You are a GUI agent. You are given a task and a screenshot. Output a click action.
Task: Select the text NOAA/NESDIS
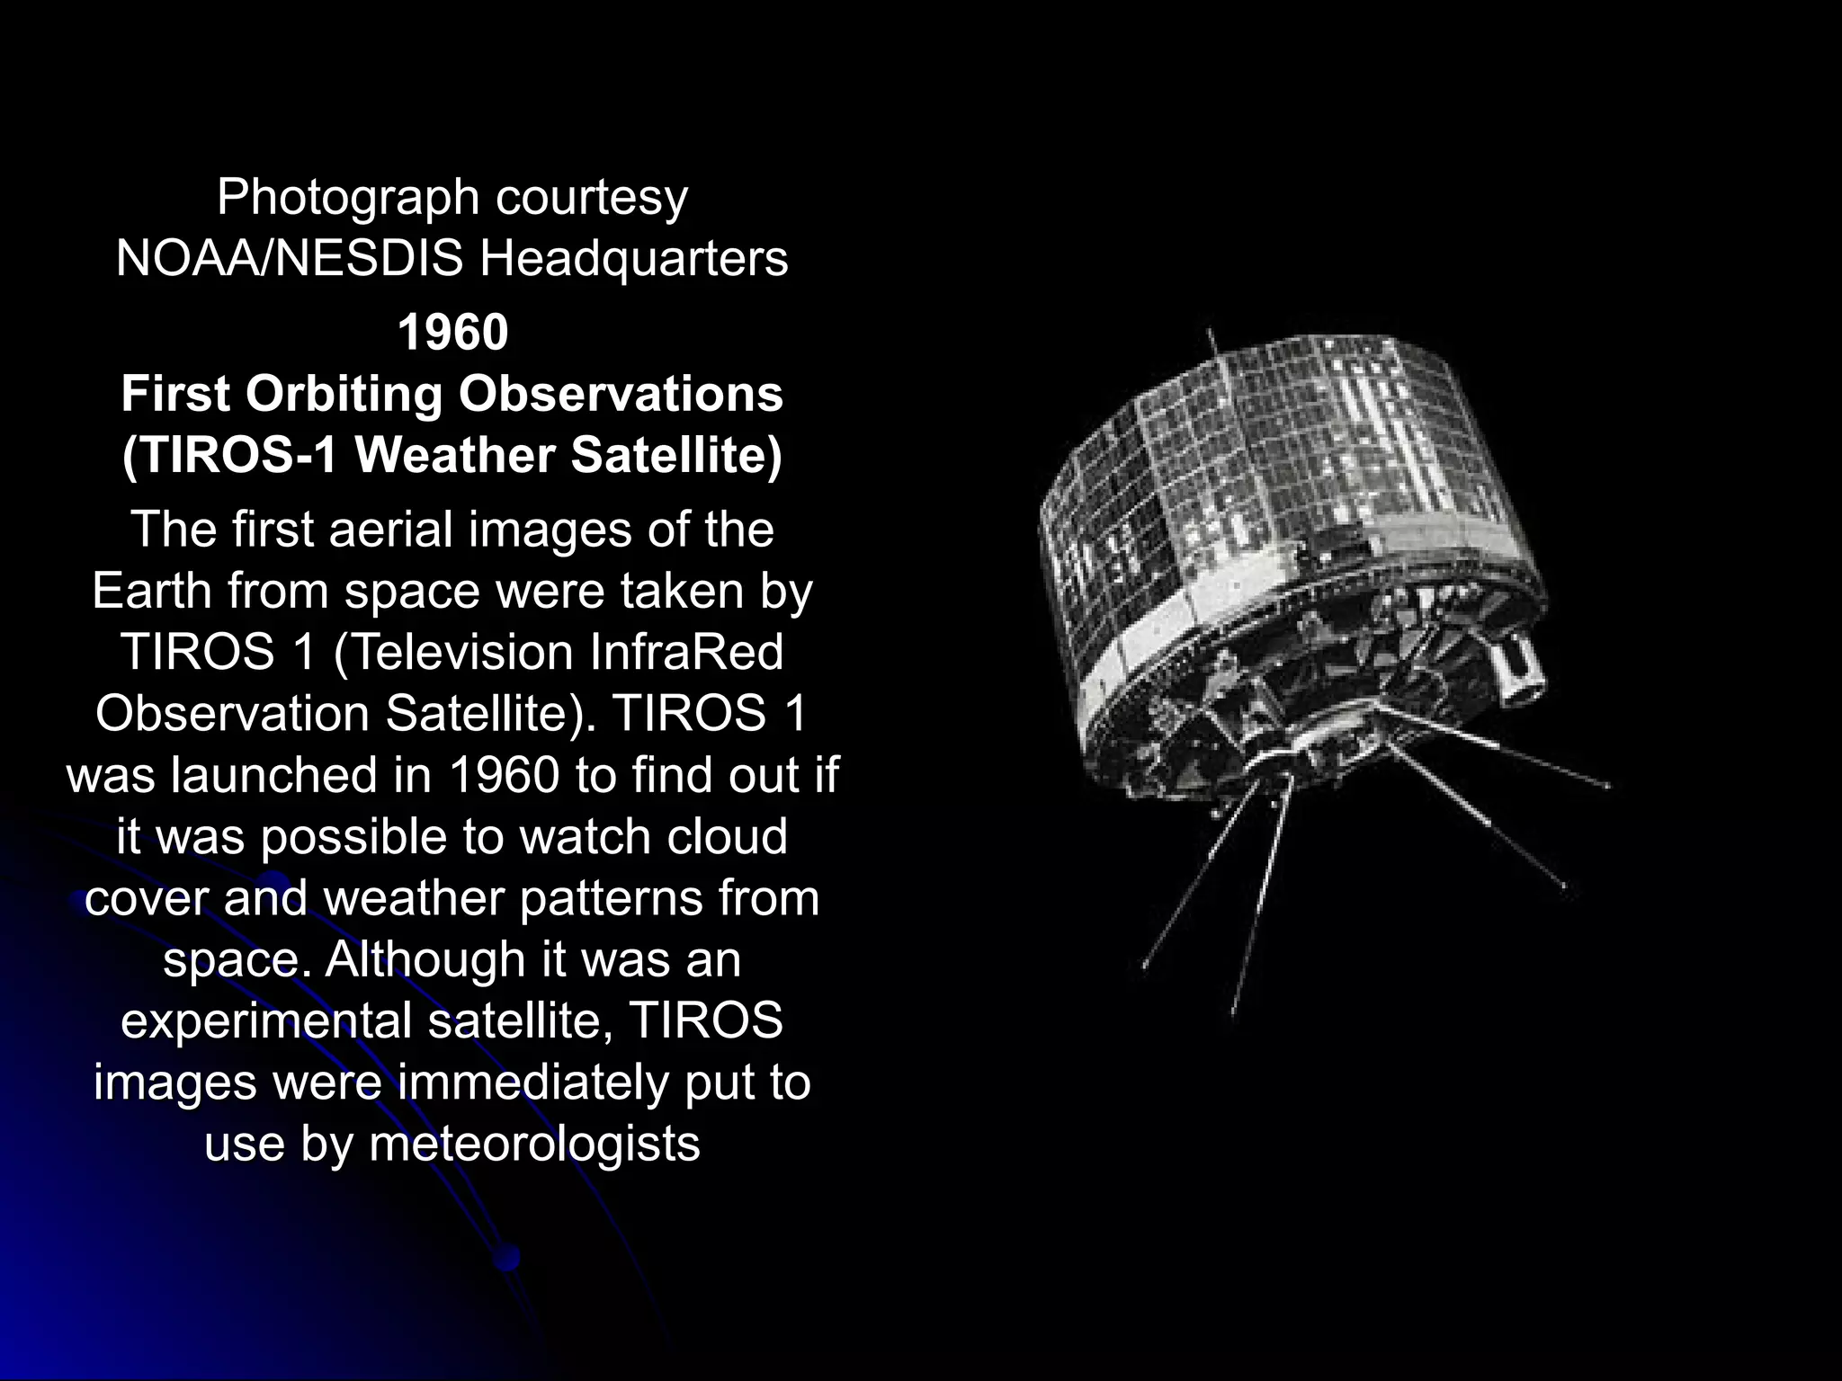click(x=289, y=259)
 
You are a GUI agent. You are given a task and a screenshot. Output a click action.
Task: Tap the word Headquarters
click(x=633, y=259)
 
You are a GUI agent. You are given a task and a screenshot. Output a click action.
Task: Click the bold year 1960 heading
click(x=452, y=332)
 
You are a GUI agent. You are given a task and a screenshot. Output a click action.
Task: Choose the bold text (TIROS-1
click(x=228, y=455)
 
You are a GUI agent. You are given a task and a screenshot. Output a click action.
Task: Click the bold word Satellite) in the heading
click(x=676, y=455)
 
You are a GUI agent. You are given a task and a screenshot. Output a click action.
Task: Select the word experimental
click(x=265, y=1021)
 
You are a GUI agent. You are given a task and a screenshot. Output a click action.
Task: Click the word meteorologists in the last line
click(x=534, y=1145)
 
